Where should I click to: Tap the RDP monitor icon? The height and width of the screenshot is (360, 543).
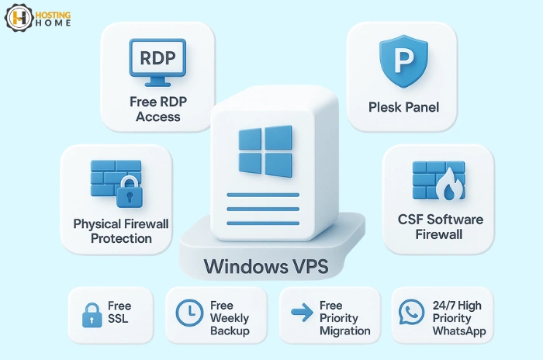click(x=157, y=62)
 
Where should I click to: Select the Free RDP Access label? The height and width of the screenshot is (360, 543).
click(x=157, y=109)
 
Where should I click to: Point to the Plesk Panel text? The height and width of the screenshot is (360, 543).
click(x=403, y=106)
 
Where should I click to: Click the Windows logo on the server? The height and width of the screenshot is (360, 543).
click(x=265, y=151)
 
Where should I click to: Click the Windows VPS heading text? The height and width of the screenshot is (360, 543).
click(x=265, y=266)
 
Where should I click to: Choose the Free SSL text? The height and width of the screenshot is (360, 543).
click(x=120, y=313)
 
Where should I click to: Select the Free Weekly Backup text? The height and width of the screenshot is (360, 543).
click(x=230, y=318)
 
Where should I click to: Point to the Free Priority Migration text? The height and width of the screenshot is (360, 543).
click(x=344, y=318)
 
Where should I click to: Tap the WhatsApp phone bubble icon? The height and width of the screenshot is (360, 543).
click(x=410, y=313)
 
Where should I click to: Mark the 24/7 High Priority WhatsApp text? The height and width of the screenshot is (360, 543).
click(x=458, y=318)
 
